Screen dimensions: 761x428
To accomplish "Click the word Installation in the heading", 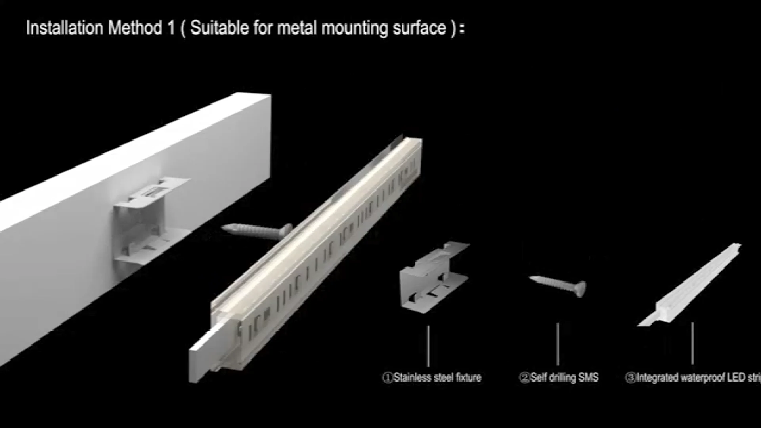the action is click(64, 28).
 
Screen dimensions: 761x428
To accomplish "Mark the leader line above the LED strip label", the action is click(692, 343).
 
